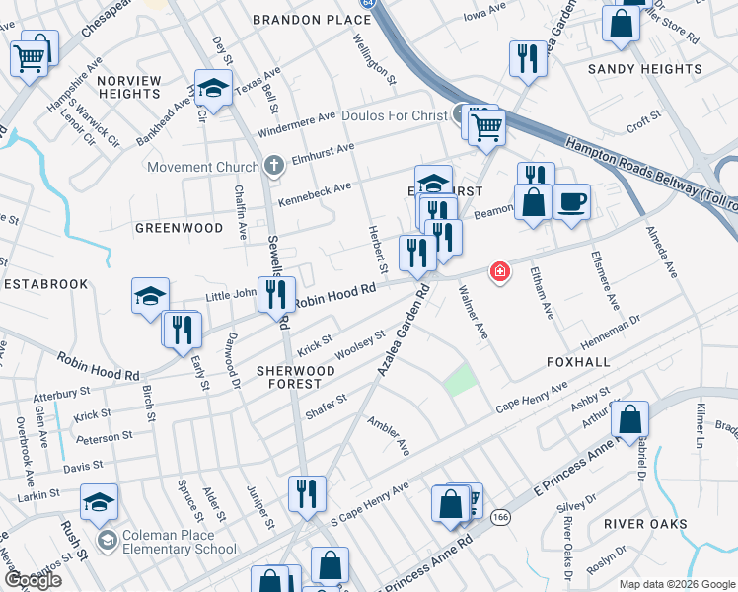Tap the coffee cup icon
[x=571, y=202]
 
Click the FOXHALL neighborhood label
[x=578, y=362]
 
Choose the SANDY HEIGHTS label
[x=644, y=69]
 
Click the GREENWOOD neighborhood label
[x=179, y=228]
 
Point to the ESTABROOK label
[x=45, y=283]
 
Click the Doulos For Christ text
[x=394, y=115]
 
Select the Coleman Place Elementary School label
[x=180, y=543]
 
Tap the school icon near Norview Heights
[x=213, y=89]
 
